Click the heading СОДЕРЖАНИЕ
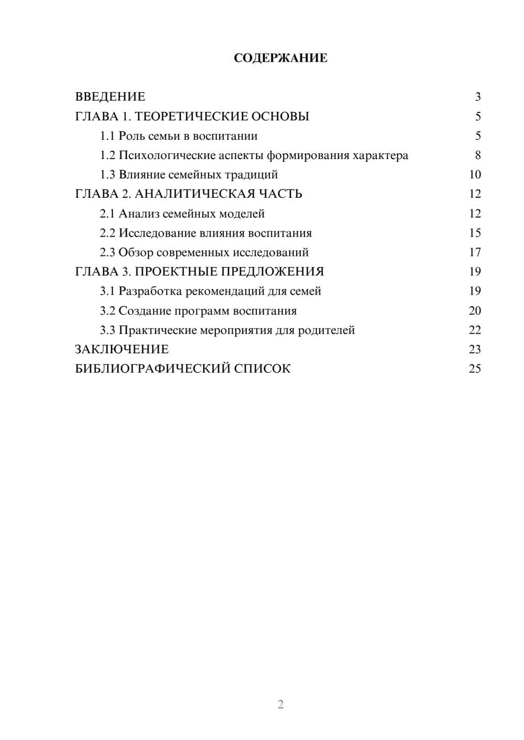click(x=280, y=58)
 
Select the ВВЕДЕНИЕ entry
click(x=110, y=97)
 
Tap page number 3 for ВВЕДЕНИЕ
click(x=477, y=97)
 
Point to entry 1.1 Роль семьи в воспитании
click(x=179, y=136)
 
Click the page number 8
click(x=477, y=155)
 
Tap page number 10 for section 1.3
click(x=475, y=175)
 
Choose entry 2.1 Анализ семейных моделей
click(x=182, y=214)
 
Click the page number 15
click(x=475, y=233)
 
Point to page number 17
click(x=475, y=253)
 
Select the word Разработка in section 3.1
click(x=150, y=291)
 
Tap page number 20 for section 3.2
click(x=475, y=311)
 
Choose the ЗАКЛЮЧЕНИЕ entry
click(x=122, y=350)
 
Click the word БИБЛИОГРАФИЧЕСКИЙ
click(x=153, y=369)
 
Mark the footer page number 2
click(x=280, y=704)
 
